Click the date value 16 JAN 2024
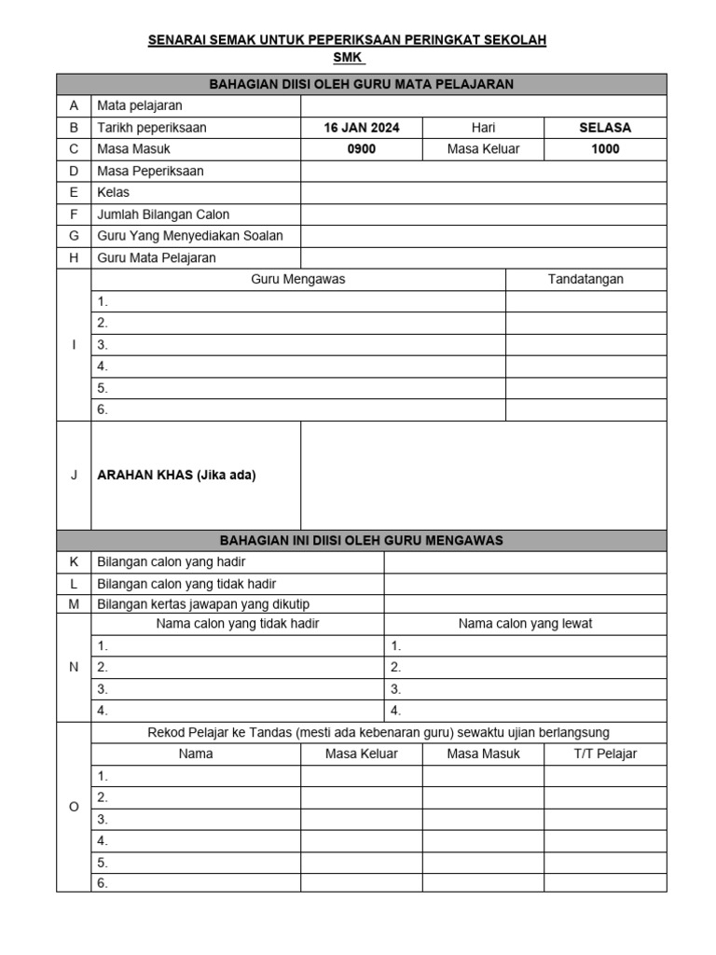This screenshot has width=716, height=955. [x=361, y=128]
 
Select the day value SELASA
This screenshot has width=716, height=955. [x=605, y=128]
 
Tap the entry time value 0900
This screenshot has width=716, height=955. [x=361, y=149]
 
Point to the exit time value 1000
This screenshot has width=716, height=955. [x=605, y=149]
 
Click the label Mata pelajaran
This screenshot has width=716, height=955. [x=140, y=106]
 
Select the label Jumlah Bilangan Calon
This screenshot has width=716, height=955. [x=163, y=215]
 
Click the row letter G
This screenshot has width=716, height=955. [x=74, y=236]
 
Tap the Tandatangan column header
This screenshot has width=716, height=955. [x=585, y=279]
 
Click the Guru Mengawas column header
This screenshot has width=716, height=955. [x=298, y=279]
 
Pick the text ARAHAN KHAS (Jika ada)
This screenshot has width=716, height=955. [x=176, y=475]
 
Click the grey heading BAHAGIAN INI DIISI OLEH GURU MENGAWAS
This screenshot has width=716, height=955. [x=361, y=540]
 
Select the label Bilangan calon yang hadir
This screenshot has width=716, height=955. [x=172, y=562]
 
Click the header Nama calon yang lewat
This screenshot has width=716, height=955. [x=525, y=624]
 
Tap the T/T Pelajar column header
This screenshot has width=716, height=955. [x=605, y=754]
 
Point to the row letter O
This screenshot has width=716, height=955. [x=74, y=807]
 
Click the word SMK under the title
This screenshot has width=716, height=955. [x=346, y=57]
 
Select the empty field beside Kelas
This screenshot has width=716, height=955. [x=483, y=193]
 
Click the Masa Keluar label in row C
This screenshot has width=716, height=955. [x=483, y=149]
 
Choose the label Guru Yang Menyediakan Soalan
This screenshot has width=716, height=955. [x=190, y=236]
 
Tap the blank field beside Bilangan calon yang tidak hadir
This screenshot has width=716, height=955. [x=525, y=584]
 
